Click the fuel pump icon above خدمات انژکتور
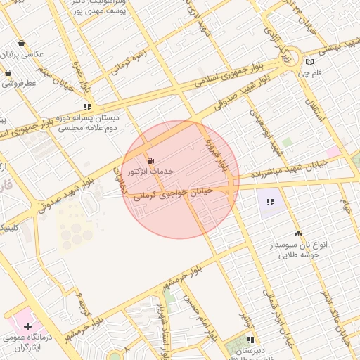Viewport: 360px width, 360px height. tap(151, 160)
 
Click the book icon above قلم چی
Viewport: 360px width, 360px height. tap(310, 62)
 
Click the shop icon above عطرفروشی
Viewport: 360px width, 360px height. tap(8, 72)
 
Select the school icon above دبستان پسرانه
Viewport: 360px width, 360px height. tap(87, 108)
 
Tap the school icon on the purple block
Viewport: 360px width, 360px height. tap(269, 202)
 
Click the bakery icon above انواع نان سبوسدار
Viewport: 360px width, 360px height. tap(298, 233)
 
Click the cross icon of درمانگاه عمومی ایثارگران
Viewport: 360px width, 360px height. tap(27, 326)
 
